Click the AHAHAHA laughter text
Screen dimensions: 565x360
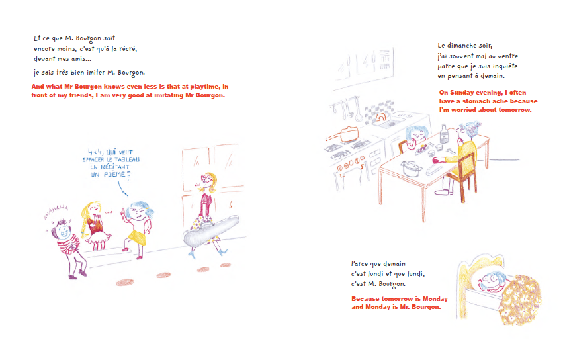(x=56, y=212)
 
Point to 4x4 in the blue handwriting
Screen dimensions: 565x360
(x=95, y=152)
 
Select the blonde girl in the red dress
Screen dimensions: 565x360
(x=94, y=225)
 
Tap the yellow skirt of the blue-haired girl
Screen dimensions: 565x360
(x=138, y=237)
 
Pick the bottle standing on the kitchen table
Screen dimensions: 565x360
(x=445, y=134)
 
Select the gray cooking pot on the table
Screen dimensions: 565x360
(x=411, y=168)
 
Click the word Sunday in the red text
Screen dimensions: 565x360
(x=462, y=93)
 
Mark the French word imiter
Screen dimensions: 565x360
(x=95, y=72)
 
